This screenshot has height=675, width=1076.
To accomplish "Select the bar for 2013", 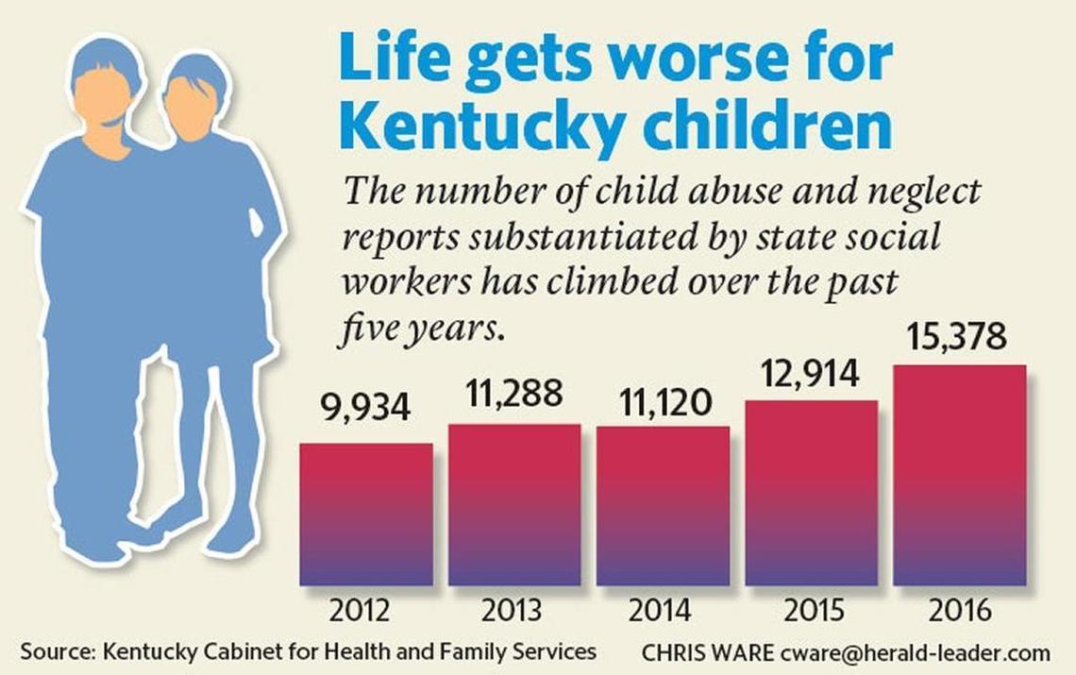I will coord(514,505).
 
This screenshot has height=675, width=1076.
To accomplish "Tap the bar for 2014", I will coord(663,506).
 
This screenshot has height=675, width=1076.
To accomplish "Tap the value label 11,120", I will coord(662,403).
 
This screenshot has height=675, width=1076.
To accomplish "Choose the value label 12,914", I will coord(810,375).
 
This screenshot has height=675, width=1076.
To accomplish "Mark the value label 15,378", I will coord(958,338).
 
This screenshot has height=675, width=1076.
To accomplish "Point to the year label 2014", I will coord(662,610).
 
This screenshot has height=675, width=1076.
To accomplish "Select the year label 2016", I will coord(959,610).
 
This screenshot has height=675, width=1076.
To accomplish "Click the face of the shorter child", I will coord(191,106).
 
